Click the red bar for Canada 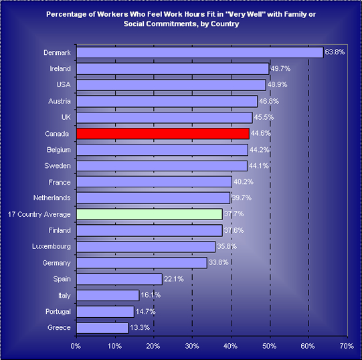click(x=163, y=134)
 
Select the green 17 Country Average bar click(x=149, y=214)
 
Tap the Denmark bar click(x=200, y=52)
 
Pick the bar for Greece click(x=102, y=328)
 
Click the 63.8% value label click(x=335, y=52)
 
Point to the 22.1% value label click(x=174, y=279)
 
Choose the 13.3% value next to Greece click(x=140, y=327)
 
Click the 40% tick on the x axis click(x=230, y=346)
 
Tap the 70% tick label click(x=347, y=346)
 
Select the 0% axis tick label click(x=76, y=346)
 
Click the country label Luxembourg click(x=52, y=247)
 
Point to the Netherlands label click(x=52, y=197)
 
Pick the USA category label click(x=64, y=84)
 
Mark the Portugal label click(x=58, y=312)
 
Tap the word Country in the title click(x=225, y=24)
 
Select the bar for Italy click(x=108, y=295)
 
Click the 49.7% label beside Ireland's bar click(x=280, y=68)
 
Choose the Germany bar click(x=142, y=263)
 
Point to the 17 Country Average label click(x=39, y=215)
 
